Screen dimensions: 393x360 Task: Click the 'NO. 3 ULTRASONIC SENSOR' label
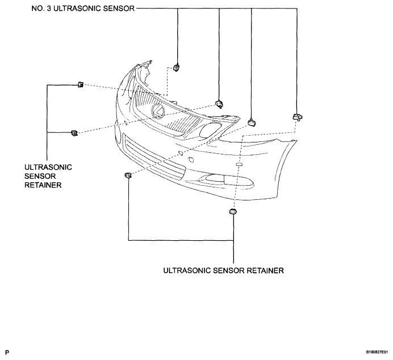[x=83, y=9]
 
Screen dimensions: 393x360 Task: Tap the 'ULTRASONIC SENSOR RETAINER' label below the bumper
[x=223, y=270]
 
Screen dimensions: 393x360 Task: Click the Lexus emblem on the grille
[x=158, y=111]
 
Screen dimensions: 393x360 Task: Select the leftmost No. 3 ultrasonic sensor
[x=177, y=68]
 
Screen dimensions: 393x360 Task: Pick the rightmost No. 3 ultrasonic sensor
[x=298, y=117]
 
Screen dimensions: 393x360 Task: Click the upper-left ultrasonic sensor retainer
[x=81, y=85]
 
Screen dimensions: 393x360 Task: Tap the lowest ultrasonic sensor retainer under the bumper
[x=233, y=211]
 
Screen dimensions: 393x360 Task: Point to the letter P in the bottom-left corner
[x=7, y=353]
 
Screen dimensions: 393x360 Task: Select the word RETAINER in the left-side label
[x=43, y=185]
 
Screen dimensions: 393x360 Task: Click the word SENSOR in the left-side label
[x=40, y=176]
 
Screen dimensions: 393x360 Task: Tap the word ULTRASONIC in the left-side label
[x=48, y=167]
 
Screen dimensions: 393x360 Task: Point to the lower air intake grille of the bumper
[x=154, y=157]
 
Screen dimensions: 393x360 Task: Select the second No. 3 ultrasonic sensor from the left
[x=219, y=104]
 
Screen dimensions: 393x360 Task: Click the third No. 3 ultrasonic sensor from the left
[x=252, y=122]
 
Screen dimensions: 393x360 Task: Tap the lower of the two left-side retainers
[x=74, y=133]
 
